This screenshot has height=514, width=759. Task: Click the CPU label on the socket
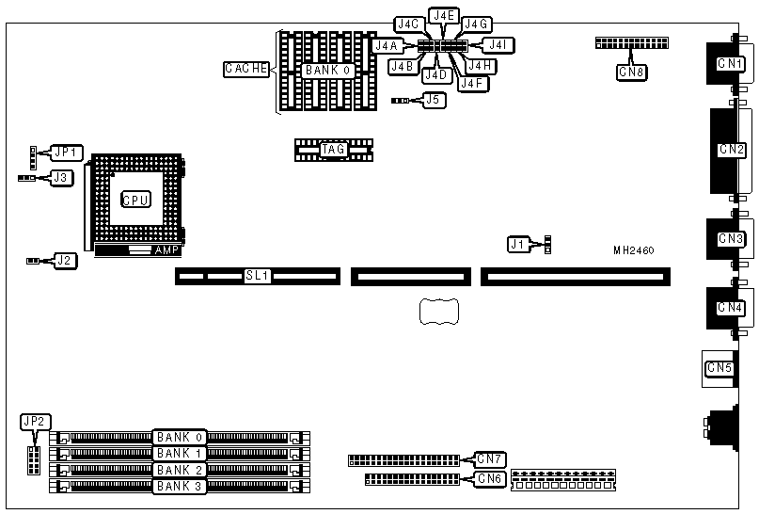(135, 200)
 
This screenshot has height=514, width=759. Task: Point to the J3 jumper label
(59, 176)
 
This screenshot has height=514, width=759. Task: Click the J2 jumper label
(63, 260)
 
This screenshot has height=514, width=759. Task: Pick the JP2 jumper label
(36, 422)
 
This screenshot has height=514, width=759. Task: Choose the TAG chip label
(334, 149)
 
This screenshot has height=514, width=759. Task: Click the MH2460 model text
(633, 250)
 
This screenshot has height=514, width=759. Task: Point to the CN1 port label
(730, 64)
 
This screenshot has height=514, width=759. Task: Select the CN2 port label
(732, 149)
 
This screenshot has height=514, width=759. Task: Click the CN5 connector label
(719, 367)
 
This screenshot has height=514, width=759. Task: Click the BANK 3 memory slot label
(180, 486)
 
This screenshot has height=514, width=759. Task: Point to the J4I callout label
(498, 44)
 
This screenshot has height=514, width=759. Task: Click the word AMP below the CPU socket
(166, 250)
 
